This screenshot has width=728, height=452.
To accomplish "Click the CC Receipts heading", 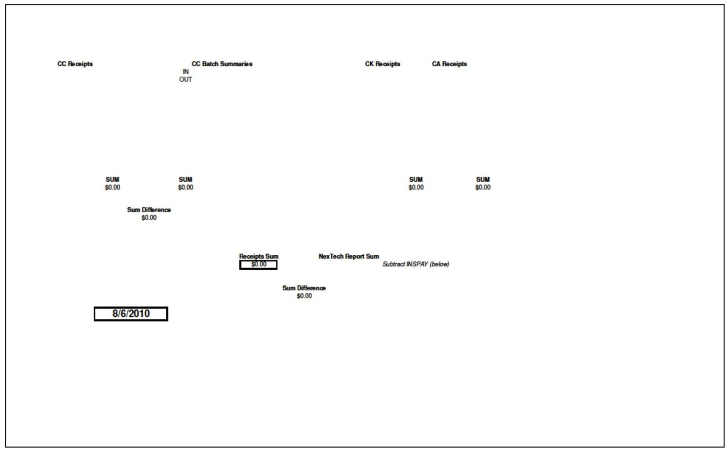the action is [x=75, y=64].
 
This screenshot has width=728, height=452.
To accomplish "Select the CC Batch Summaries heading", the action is [x=222, y=64].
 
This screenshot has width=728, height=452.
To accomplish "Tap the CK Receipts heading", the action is [x=383, y=64].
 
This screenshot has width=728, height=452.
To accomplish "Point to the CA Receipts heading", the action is [x=449, y=64].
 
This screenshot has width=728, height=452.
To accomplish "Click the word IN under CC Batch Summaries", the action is [x=186, y=72].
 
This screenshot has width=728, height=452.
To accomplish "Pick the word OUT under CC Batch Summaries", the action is [x=186, y=80].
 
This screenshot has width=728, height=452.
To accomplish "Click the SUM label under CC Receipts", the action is [x=112, y=180].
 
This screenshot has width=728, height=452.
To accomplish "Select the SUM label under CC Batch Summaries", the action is [x=186, y=180].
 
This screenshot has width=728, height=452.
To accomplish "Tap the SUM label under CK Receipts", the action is [x=416, y=180].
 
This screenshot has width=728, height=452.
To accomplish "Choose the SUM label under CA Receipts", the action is [x=483, y=180].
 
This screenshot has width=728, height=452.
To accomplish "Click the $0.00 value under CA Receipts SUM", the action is [x=483, y=188].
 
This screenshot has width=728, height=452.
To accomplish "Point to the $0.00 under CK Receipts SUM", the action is [x=416, y=188].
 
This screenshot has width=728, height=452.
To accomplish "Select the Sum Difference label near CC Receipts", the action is [x=149, y=210].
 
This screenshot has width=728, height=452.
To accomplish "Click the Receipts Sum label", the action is [x=259, y=257].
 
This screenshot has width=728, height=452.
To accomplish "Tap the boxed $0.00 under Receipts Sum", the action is [x=259, y=264].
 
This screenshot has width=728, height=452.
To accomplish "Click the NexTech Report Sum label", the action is [x=349, y=257].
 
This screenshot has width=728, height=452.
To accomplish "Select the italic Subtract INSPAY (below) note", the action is [x=416, y=264].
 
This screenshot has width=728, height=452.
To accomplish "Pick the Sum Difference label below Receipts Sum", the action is [x=304, y=288].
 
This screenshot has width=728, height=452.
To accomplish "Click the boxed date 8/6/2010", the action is [x=131, y=314].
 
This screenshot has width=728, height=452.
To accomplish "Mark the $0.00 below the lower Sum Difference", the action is [x=304, y=296].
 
